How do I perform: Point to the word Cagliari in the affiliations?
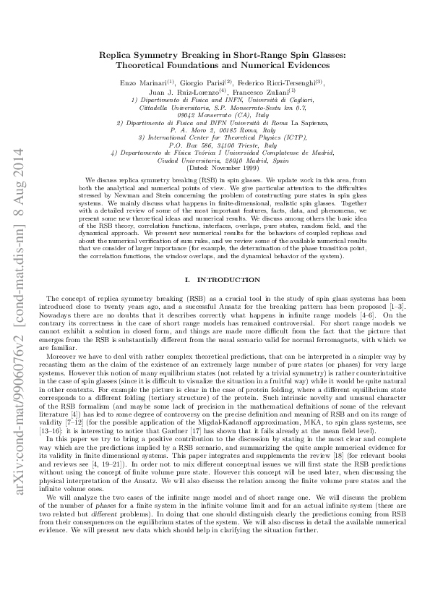(x=297, y=100)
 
